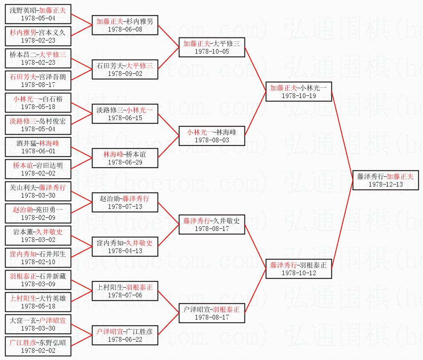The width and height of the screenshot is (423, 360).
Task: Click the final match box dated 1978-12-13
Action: [x=385, y=180]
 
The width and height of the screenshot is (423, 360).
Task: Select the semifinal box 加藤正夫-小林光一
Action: [x=298, y=92]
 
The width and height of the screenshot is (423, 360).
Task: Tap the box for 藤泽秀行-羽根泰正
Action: [x=298, y=269]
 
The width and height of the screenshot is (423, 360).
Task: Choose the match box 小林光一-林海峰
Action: [x=212, y=136]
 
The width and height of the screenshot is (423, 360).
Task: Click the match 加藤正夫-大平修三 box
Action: [x=212, y=47]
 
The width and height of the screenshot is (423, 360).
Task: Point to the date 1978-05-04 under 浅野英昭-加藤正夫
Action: [x=38, y=18]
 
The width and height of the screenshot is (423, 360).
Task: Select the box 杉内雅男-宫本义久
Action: [x=38, y=36]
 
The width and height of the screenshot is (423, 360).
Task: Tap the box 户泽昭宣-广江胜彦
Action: [x=125, y=335]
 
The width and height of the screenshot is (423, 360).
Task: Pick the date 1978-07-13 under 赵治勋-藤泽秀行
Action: [x=125, y=207]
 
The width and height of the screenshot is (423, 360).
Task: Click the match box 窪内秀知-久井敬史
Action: [x=125, y=247]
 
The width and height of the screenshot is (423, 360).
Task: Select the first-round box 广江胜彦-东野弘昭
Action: [x=38, y=346]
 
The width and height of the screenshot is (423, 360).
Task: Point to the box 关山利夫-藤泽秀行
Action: [x=38, y=191]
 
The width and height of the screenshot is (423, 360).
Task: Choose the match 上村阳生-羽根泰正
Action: [x=125, y=291]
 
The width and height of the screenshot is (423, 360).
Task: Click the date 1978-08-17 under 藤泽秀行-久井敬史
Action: [x=212, y=229]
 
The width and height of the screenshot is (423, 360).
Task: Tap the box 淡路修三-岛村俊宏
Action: [x=38, y=125]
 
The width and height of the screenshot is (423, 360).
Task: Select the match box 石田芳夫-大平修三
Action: [x=125, y=69]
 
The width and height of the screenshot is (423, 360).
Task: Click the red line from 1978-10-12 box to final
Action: [x=342, y=226]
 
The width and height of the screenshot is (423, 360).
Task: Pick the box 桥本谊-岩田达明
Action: [x=38, y=169]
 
